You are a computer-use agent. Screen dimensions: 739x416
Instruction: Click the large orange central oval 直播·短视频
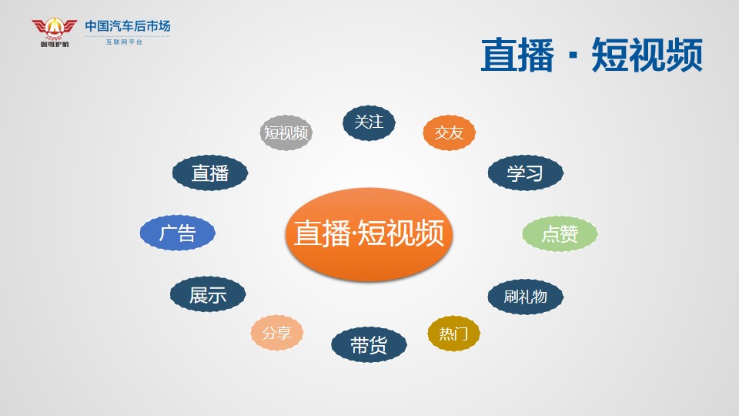click(x=369, y=234)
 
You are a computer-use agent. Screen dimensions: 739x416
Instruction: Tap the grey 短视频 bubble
click(x=286, y=133)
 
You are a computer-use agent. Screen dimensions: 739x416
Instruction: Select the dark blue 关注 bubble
click(x=369, y=122)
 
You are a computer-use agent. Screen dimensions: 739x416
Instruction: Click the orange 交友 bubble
click(x=449, y=133)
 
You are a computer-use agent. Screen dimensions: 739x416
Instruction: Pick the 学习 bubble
click(x=526, y=173)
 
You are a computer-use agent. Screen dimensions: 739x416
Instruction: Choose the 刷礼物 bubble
click(x=526, y=297)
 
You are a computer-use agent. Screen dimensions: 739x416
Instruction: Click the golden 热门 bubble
click(x=453, y=334)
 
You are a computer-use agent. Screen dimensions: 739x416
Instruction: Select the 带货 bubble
click(x=369, y=345)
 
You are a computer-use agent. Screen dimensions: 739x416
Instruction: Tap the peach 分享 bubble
click(x=276, y=333)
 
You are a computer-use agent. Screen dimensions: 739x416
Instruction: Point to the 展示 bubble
click(x=208, y=294)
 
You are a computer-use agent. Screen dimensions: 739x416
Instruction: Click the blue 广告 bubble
click(x=178, y=233)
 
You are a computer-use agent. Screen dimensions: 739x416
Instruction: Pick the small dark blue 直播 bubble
click(x=210, y=173)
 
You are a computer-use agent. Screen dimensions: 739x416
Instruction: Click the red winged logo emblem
click(x=54, y=29)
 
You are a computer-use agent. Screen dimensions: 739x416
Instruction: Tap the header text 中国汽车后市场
click(x=128, y=26)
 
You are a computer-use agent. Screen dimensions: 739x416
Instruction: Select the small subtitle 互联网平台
click(x=124, y=42)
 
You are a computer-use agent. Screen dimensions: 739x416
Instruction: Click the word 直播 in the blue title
click(x=517, y=55)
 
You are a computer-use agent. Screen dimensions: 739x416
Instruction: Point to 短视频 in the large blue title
click(x=647, y=55)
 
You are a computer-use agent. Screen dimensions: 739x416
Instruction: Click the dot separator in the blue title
click(x=573, y=55)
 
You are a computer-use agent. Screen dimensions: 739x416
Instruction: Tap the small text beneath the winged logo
click(x=55, y=45)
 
